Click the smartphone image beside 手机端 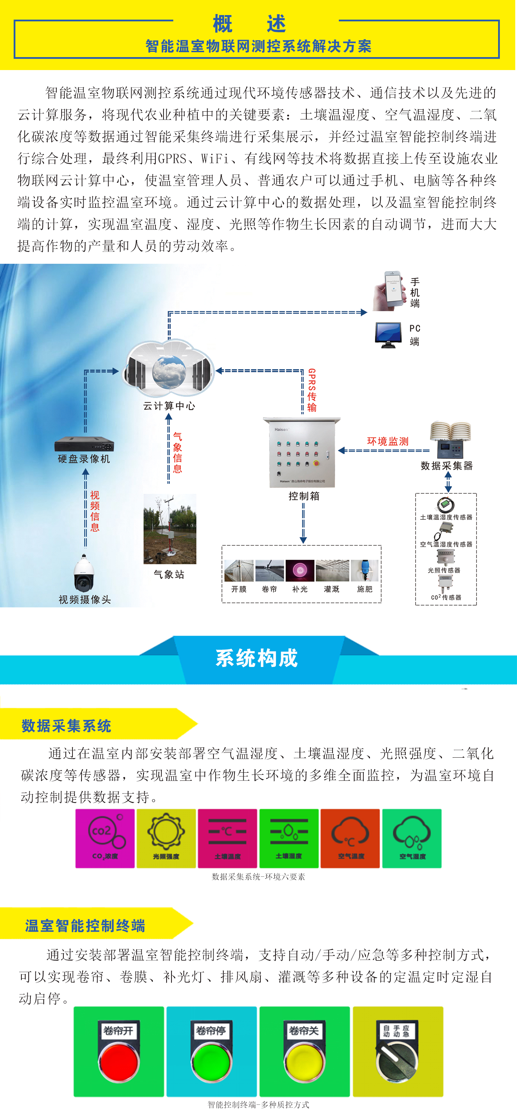(x=389, y=290)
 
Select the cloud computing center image (x=169, y=370)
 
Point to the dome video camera (x=84, y=573)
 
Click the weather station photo (x=170, y=529)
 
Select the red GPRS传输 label (x=312, y=390)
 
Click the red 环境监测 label (x=387, y=441)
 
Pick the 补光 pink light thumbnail (x=300, y=570)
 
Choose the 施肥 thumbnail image (x=365, y=570)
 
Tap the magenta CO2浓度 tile (x=105, y=838)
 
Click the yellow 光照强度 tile (x=166, y=838)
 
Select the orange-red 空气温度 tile (x=350, y=838)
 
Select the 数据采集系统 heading (x=66, y=725)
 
